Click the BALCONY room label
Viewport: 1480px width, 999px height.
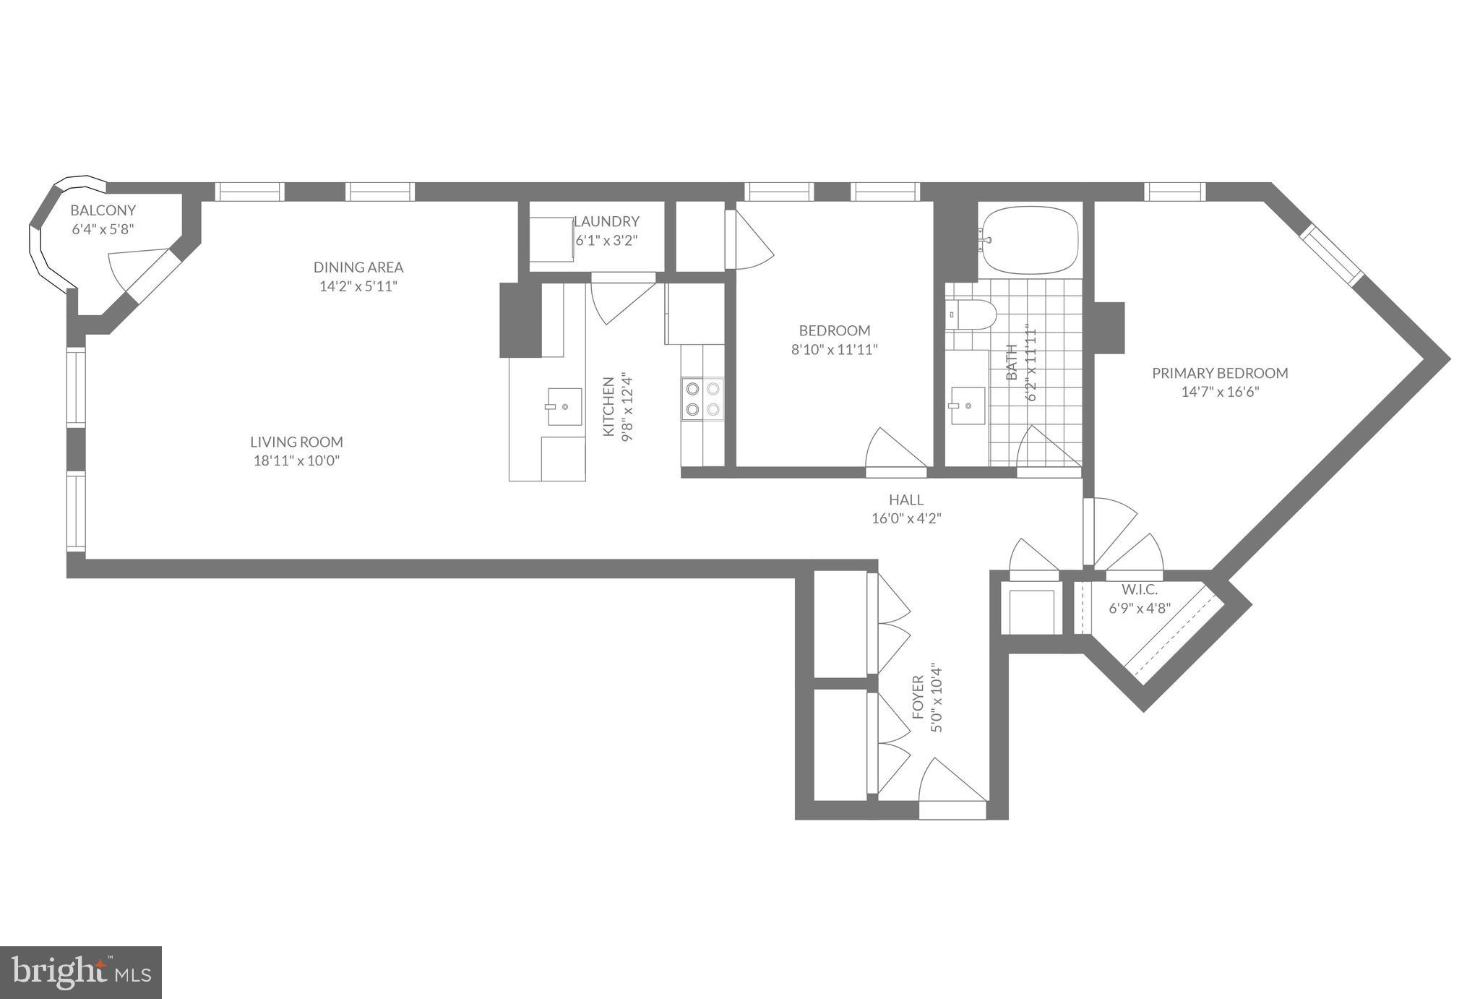coord(103,211)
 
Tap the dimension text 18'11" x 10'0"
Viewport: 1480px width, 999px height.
coord(296,461)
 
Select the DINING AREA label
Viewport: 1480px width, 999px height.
coord(358,267)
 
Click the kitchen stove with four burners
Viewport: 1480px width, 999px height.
coord(702,400)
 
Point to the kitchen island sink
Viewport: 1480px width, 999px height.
coord(564,406)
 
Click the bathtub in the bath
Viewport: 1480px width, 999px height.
coord(1030,241)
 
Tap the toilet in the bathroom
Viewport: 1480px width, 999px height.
coord(972,314)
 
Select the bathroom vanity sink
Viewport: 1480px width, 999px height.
coord(968,406)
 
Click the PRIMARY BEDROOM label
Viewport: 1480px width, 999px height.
coord(1219,374)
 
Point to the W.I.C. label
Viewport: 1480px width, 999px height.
coord(1140,590)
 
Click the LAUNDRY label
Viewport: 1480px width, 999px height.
coord(608,222)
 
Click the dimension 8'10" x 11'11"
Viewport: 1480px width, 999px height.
coord(834,350)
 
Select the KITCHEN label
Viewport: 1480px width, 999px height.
coord(608,406)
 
